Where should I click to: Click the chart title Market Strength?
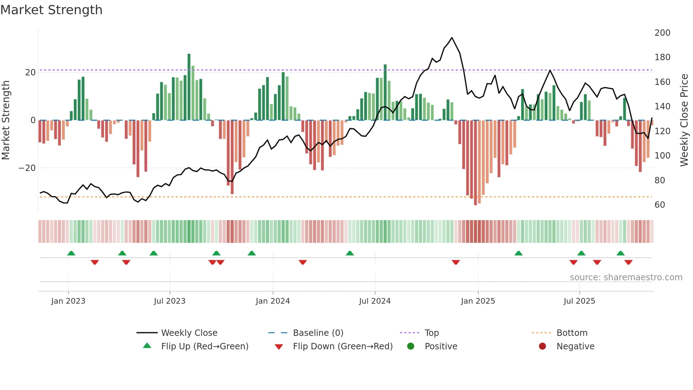click(51, 10)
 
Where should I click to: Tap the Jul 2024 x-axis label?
click(374, 301)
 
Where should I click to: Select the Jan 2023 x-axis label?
click(68, 301)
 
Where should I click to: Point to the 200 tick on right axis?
click(662, 33)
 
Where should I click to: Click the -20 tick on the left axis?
click(27, 168)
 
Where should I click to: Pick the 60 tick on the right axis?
click(660, 205)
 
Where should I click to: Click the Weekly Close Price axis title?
click(684, 120)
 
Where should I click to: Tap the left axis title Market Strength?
click(6, 120)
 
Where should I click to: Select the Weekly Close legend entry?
click(189, 333)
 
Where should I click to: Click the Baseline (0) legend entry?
click(318, 333)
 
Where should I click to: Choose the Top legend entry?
click(431, 333)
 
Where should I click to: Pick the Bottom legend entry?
click(572, 333)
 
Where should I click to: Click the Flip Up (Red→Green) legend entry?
click(204, 346)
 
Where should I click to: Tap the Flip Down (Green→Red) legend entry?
click(343, 346)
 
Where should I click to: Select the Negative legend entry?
click(575, 346)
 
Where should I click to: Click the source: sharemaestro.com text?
click(626, 277)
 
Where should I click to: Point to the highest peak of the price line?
click(452, 38)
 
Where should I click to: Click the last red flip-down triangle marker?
click(628, 262)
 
